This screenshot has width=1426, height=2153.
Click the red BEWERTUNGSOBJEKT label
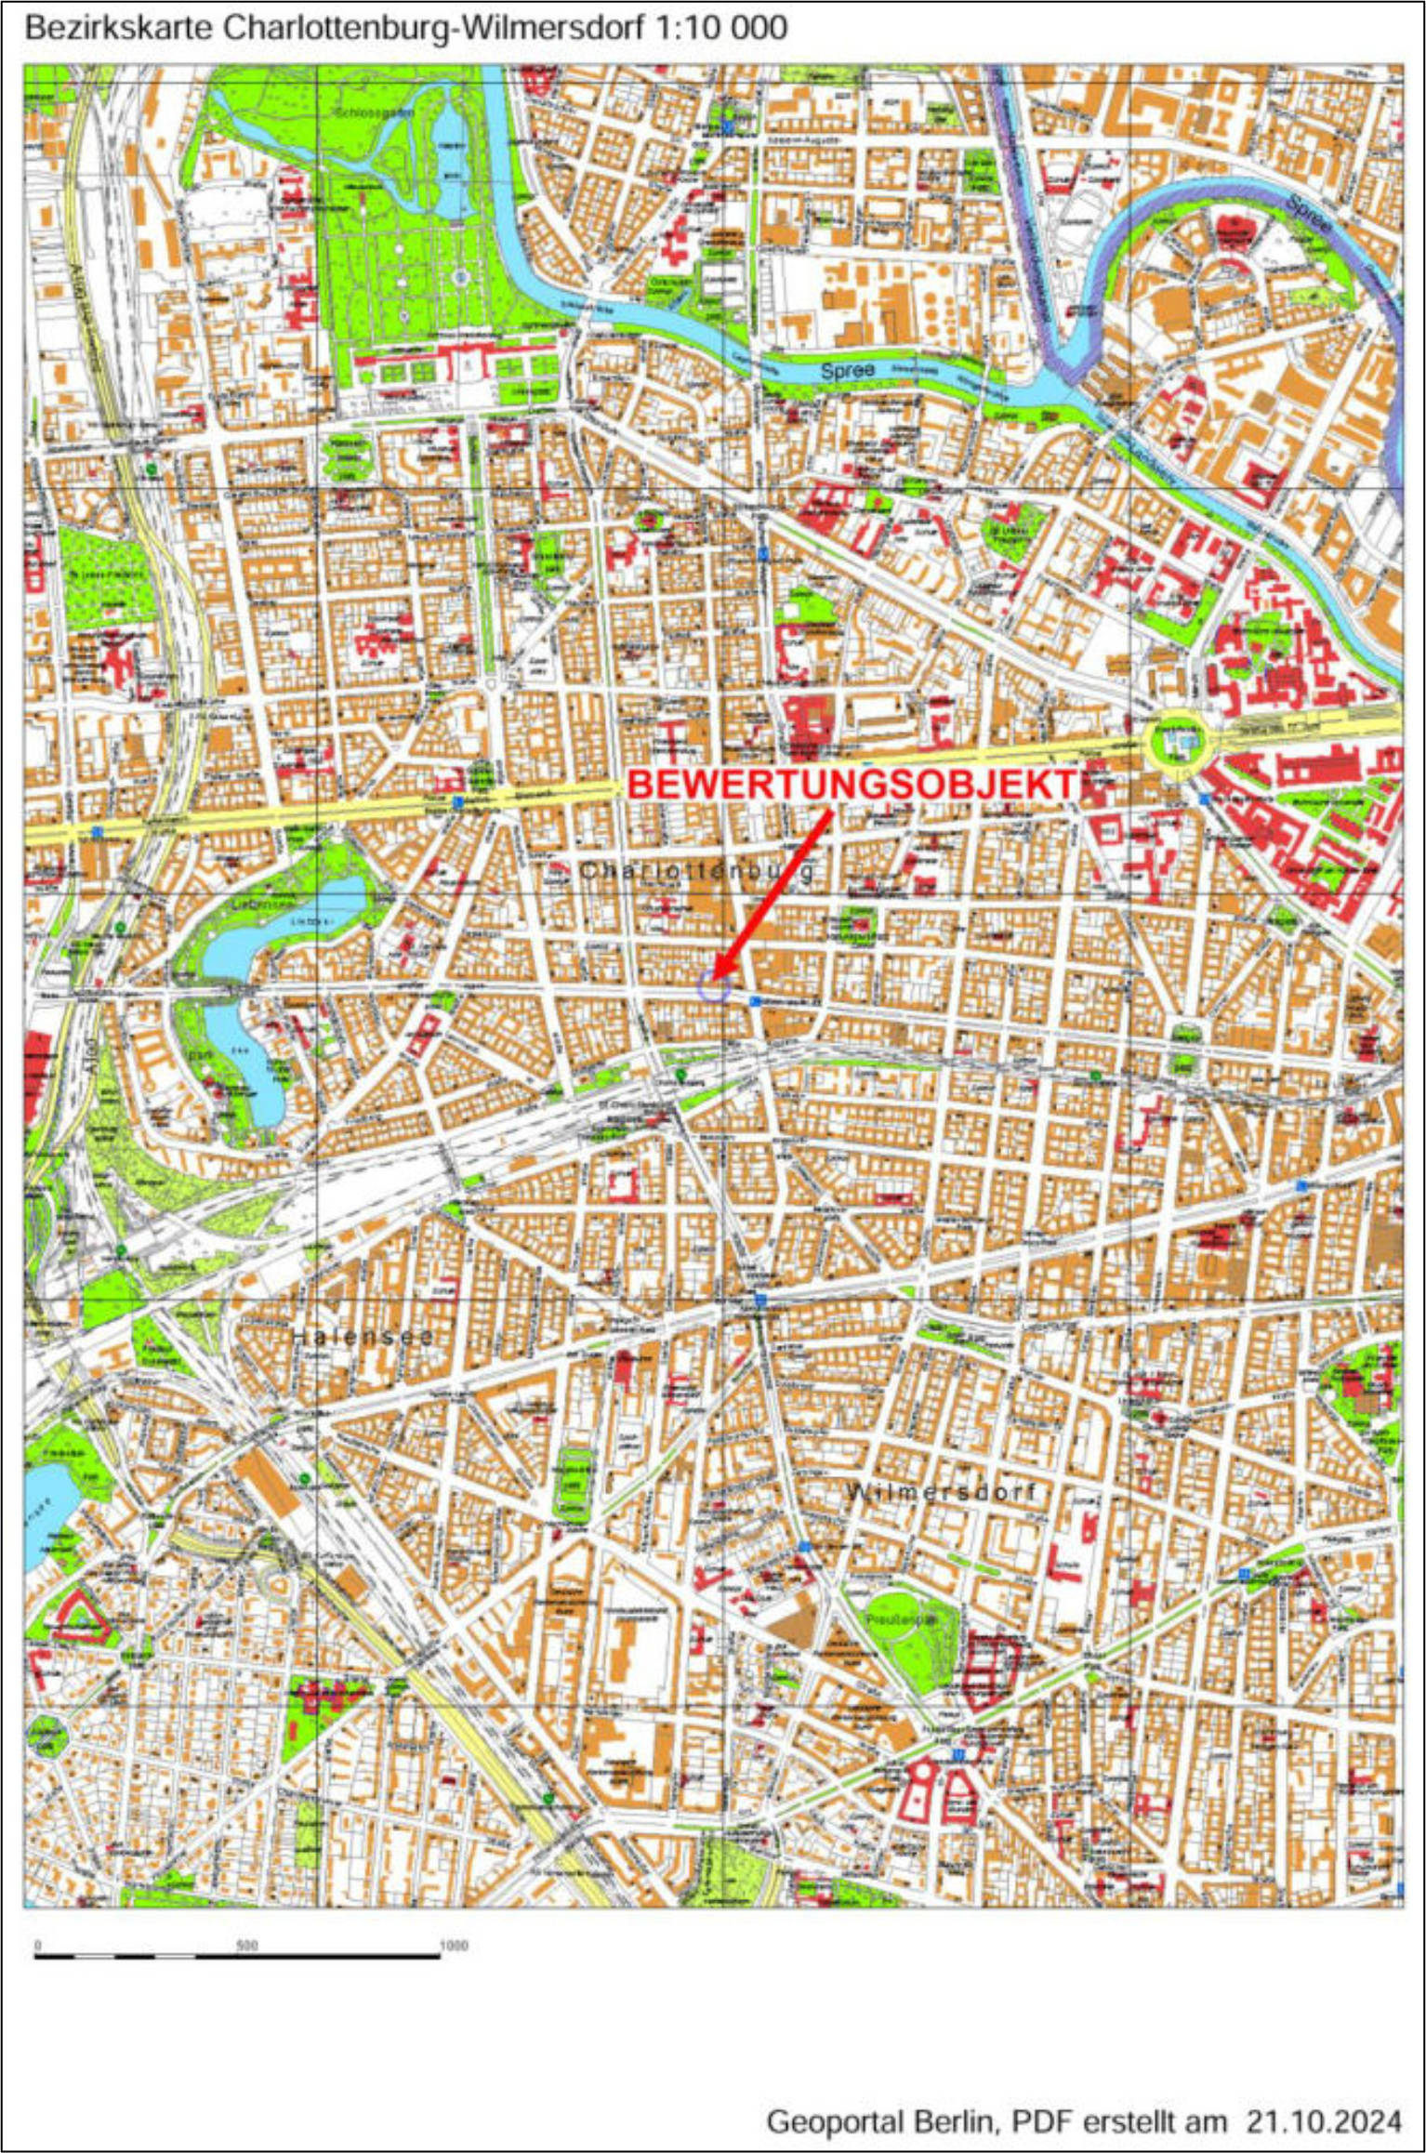851,785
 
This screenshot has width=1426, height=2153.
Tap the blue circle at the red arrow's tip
714,987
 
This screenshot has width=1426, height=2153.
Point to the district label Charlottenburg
697,871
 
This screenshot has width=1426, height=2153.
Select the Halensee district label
363,1337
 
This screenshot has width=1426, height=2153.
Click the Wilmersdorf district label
941,1492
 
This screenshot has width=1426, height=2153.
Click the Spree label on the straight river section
847,370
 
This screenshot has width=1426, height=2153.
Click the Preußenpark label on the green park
899,1618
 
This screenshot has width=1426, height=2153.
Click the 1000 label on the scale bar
453,1946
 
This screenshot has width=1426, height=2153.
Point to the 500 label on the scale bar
247,1946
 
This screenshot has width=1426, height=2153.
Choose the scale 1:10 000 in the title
720,28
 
